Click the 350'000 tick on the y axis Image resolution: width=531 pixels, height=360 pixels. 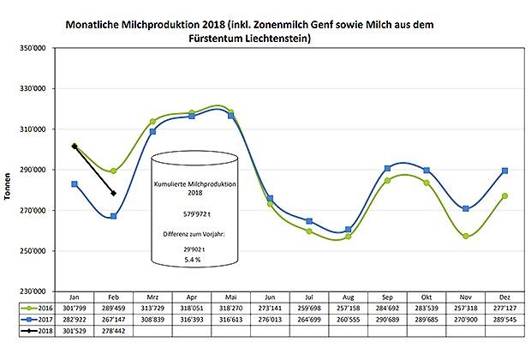[32, 48]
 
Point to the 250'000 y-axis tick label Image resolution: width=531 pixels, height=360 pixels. [32, 251]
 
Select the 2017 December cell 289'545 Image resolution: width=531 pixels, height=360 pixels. [505, 317]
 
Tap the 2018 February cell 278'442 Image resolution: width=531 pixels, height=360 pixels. [114, 329]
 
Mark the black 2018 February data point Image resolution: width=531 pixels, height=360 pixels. [114, 193]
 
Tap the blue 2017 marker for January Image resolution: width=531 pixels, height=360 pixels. [75, 184]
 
